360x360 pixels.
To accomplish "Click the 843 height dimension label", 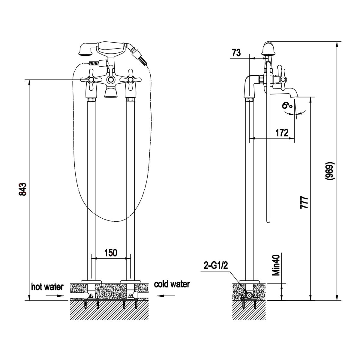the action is coord(23,189).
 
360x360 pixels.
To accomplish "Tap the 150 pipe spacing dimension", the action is coord(111,253).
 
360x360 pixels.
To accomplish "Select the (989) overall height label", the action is coord(330,171).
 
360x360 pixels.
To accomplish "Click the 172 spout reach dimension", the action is coord(282,133).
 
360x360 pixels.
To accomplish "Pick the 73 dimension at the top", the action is coord(236,53).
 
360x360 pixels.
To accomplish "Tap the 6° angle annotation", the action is coord(287,106).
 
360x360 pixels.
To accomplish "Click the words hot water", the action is coord(47,287).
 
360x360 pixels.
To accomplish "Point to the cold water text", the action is coord(172,284).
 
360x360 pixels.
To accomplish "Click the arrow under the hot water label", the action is coord(55,296).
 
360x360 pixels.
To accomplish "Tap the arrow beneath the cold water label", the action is coord(166,296).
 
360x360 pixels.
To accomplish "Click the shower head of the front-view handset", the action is coord(85,50).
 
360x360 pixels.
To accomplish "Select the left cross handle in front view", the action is coord(91,80).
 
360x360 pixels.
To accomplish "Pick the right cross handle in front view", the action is coord(130,80).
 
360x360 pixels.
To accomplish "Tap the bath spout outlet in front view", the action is coord(111,93).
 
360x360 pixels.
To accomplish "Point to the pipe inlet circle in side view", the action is coord(249,295).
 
